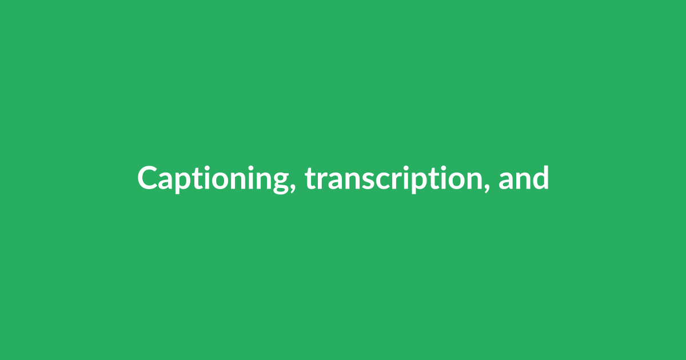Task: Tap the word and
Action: pyautogui.click(x=523, y=178)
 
